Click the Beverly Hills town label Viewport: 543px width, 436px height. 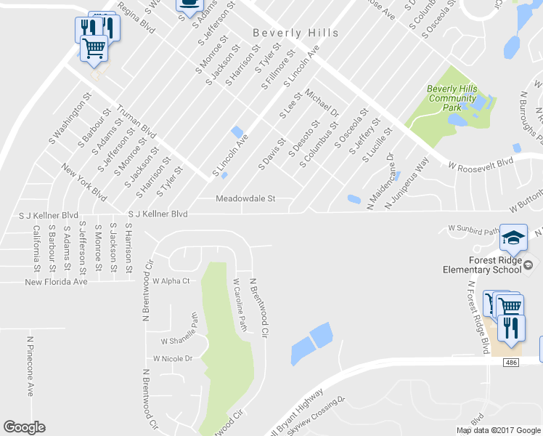point(295,33)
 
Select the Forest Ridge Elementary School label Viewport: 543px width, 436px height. point(482,265)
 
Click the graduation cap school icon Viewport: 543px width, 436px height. point(513,237)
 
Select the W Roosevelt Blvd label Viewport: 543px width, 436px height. point(480,164)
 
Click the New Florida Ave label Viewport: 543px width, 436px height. point(56,281)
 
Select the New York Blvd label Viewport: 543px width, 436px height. point(85,182)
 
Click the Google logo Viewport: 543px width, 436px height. point(24,427)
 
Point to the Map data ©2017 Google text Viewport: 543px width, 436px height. point(497,430)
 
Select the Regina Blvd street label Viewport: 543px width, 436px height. point(136,16)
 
